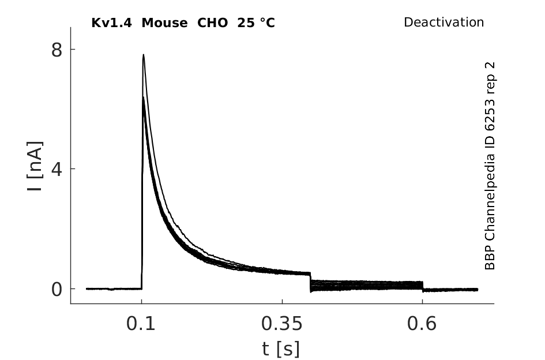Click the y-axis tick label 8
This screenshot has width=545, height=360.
point(57,50)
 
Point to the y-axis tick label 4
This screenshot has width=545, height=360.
point(57,170)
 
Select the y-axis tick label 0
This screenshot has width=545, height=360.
point(57,290)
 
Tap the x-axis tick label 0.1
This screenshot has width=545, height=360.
point(140,324)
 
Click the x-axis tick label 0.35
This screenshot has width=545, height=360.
point(282,324)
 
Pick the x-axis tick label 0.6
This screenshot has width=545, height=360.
point(421,324)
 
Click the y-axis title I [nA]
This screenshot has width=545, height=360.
point(35,166)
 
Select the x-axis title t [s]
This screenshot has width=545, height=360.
point(281,349)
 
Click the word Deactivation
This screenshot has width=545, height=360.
point(444,22)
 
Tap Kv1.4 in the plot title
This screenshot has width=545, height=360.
point(111,23)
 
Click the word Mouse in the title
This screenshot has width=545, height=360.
point(164,23)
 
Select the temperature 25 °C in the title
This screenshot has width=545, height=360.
point(256,23)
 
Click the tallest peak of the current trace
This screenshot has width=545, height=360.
point(143,55)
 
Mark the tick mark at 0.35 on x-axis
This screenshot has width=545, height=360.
point(282,301)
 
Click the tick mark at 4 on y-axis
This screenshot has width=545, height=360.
point(73,168)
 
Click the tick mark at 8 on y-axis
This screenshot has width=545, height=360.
point(73,49)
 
